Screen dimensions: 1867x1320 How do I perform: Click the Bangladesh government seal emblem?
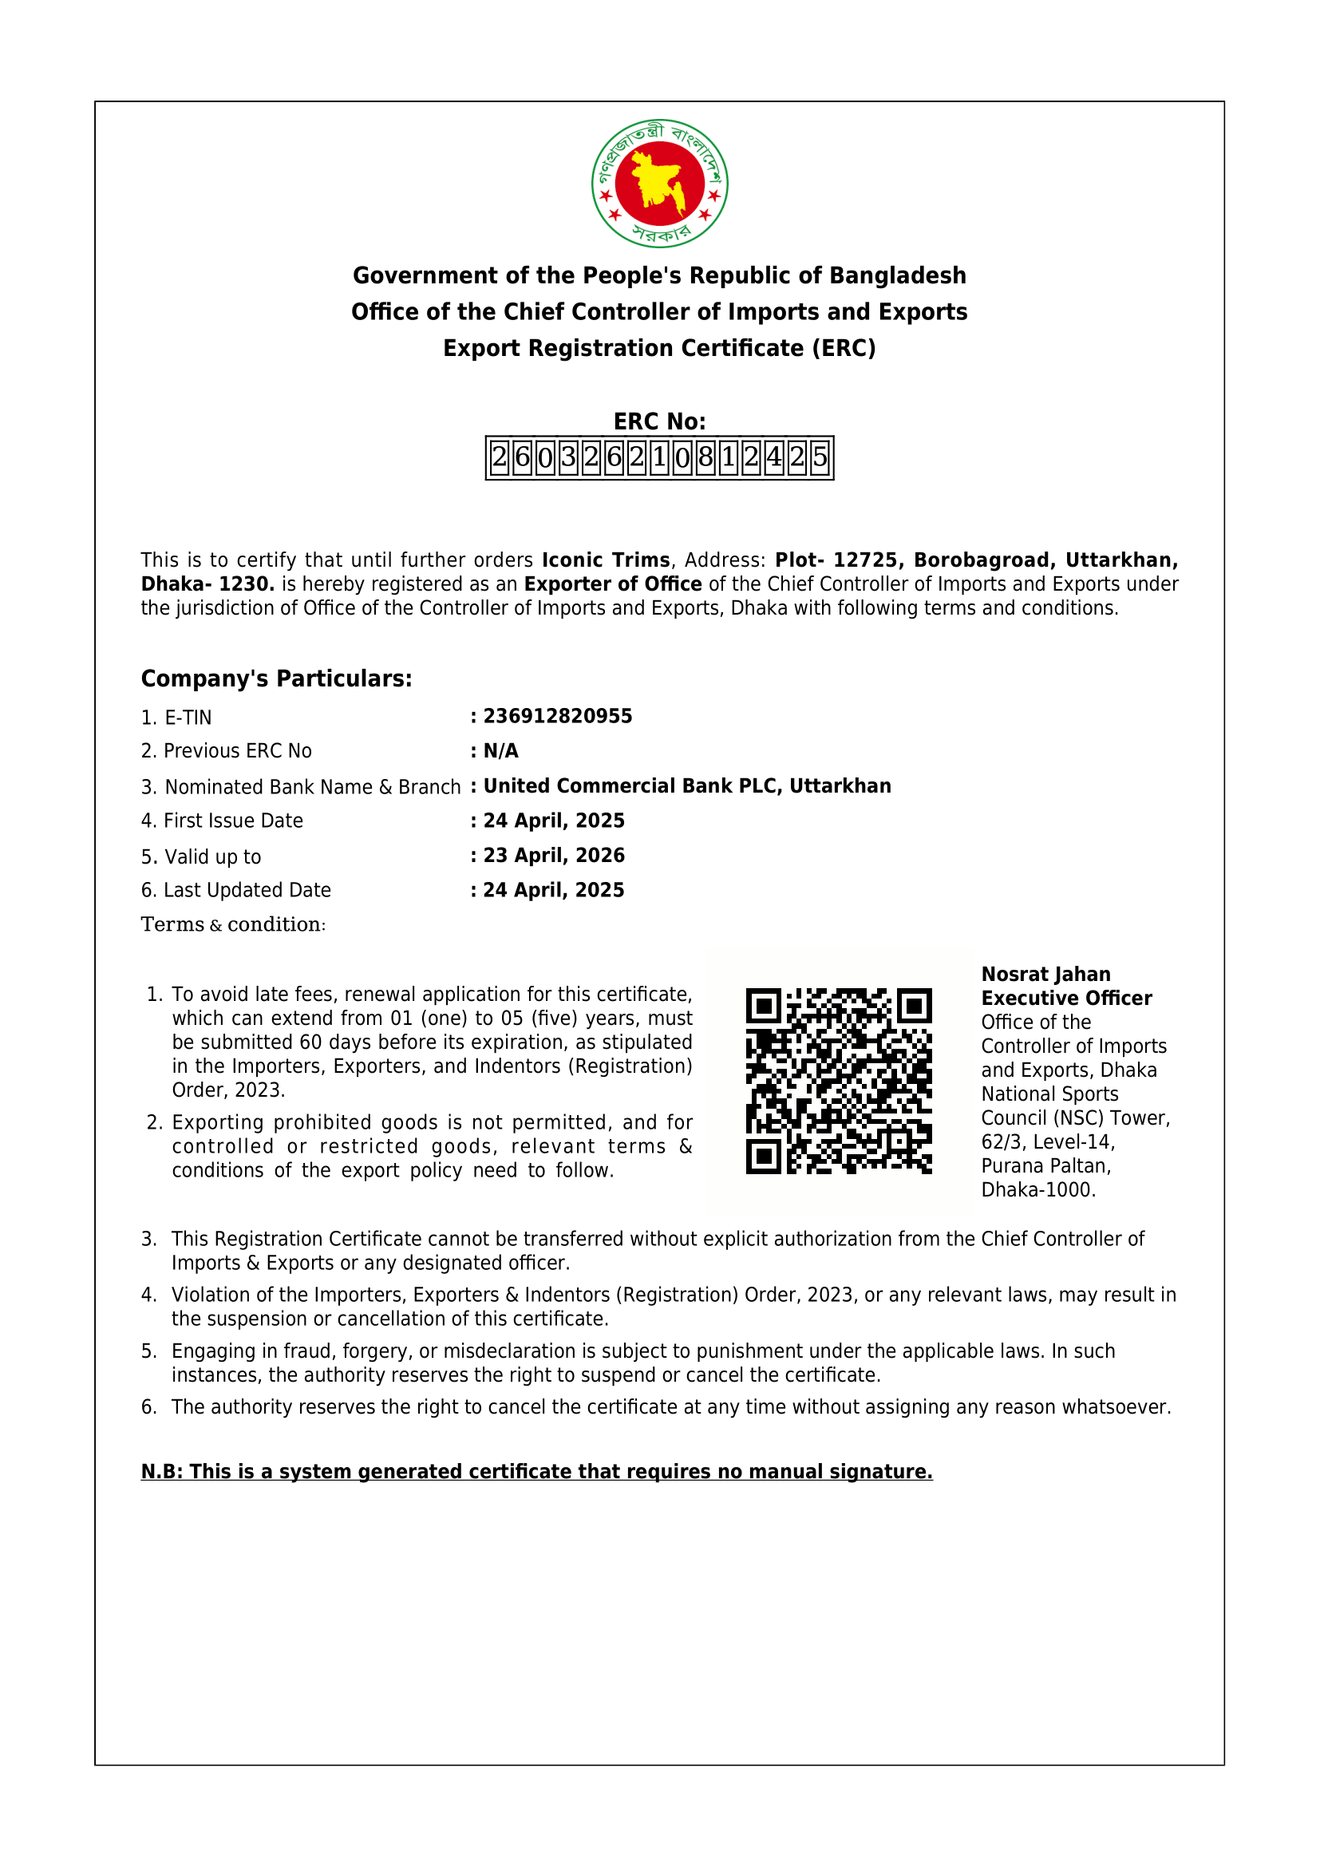(x=659, y=184)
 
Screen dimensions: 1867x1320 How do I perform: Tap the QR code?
(x=839, y=1082)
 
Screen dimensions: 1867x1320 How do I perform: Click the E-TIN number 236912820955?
(x=558, y=716)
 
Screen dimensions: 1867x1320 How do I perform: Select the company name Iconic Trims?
(x=606, y=560)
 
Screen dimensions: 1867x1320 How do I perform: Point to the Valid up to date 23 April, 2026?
(x=554, y=856)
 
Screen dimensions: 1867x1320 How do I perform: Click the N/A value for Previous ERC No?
(x=500, y=751)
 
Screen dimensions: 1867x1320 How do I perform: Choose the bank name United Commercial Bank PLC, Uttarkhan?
(x=687, y=786)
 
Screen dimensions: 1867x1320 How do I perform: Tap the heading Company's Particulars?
(x=276, y=679)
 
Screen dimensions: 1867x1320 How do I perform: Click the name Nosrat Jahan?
(x=1045, y=974)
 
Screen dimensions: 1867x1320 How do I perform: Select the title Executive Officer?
(x=1066, y=999)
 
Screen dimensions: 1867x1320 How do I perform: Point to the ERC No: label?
(x=659, y=421)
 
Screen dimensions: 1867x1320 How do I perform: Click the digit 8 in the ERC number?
(x=705, y=458)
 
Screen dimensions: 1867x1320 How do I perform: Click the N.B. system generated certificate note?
(x=536, y=1472)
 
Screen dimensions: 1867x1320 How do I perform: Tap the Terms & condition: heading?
(x=233, y=924)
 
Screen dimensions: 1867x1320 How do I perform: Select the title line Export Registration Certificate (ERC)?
(x=659, y=348)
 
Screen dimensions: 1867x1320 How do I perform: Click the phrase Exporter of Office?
(x=613, y=584)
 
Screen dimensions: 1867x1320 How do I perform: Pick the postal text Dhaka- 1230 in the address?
(x=207, y=584)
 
